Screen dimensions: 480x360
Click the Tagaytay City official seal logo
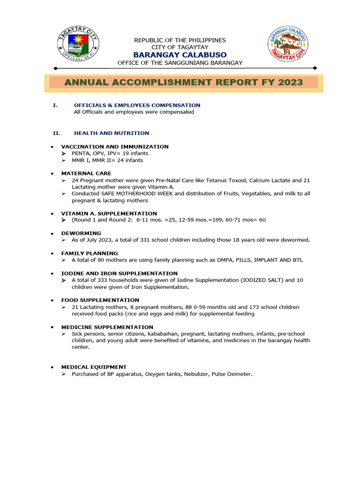78,46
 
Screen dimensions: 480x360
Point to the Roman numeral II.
56,133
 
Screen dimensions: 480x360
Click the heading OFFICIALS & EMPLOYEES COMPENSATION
137,105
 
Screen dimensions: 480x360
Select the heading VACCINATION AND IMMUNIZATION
115,147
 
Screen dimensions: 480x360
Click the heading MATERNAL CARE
86,173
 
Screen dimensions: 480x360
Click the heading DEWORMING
81,233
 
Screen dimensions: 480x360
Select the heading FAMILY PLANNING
90,253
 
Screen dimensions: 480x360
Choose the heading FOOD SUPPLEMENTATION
100,300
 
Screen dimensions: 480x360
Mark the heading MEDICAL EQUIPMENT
94,367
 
